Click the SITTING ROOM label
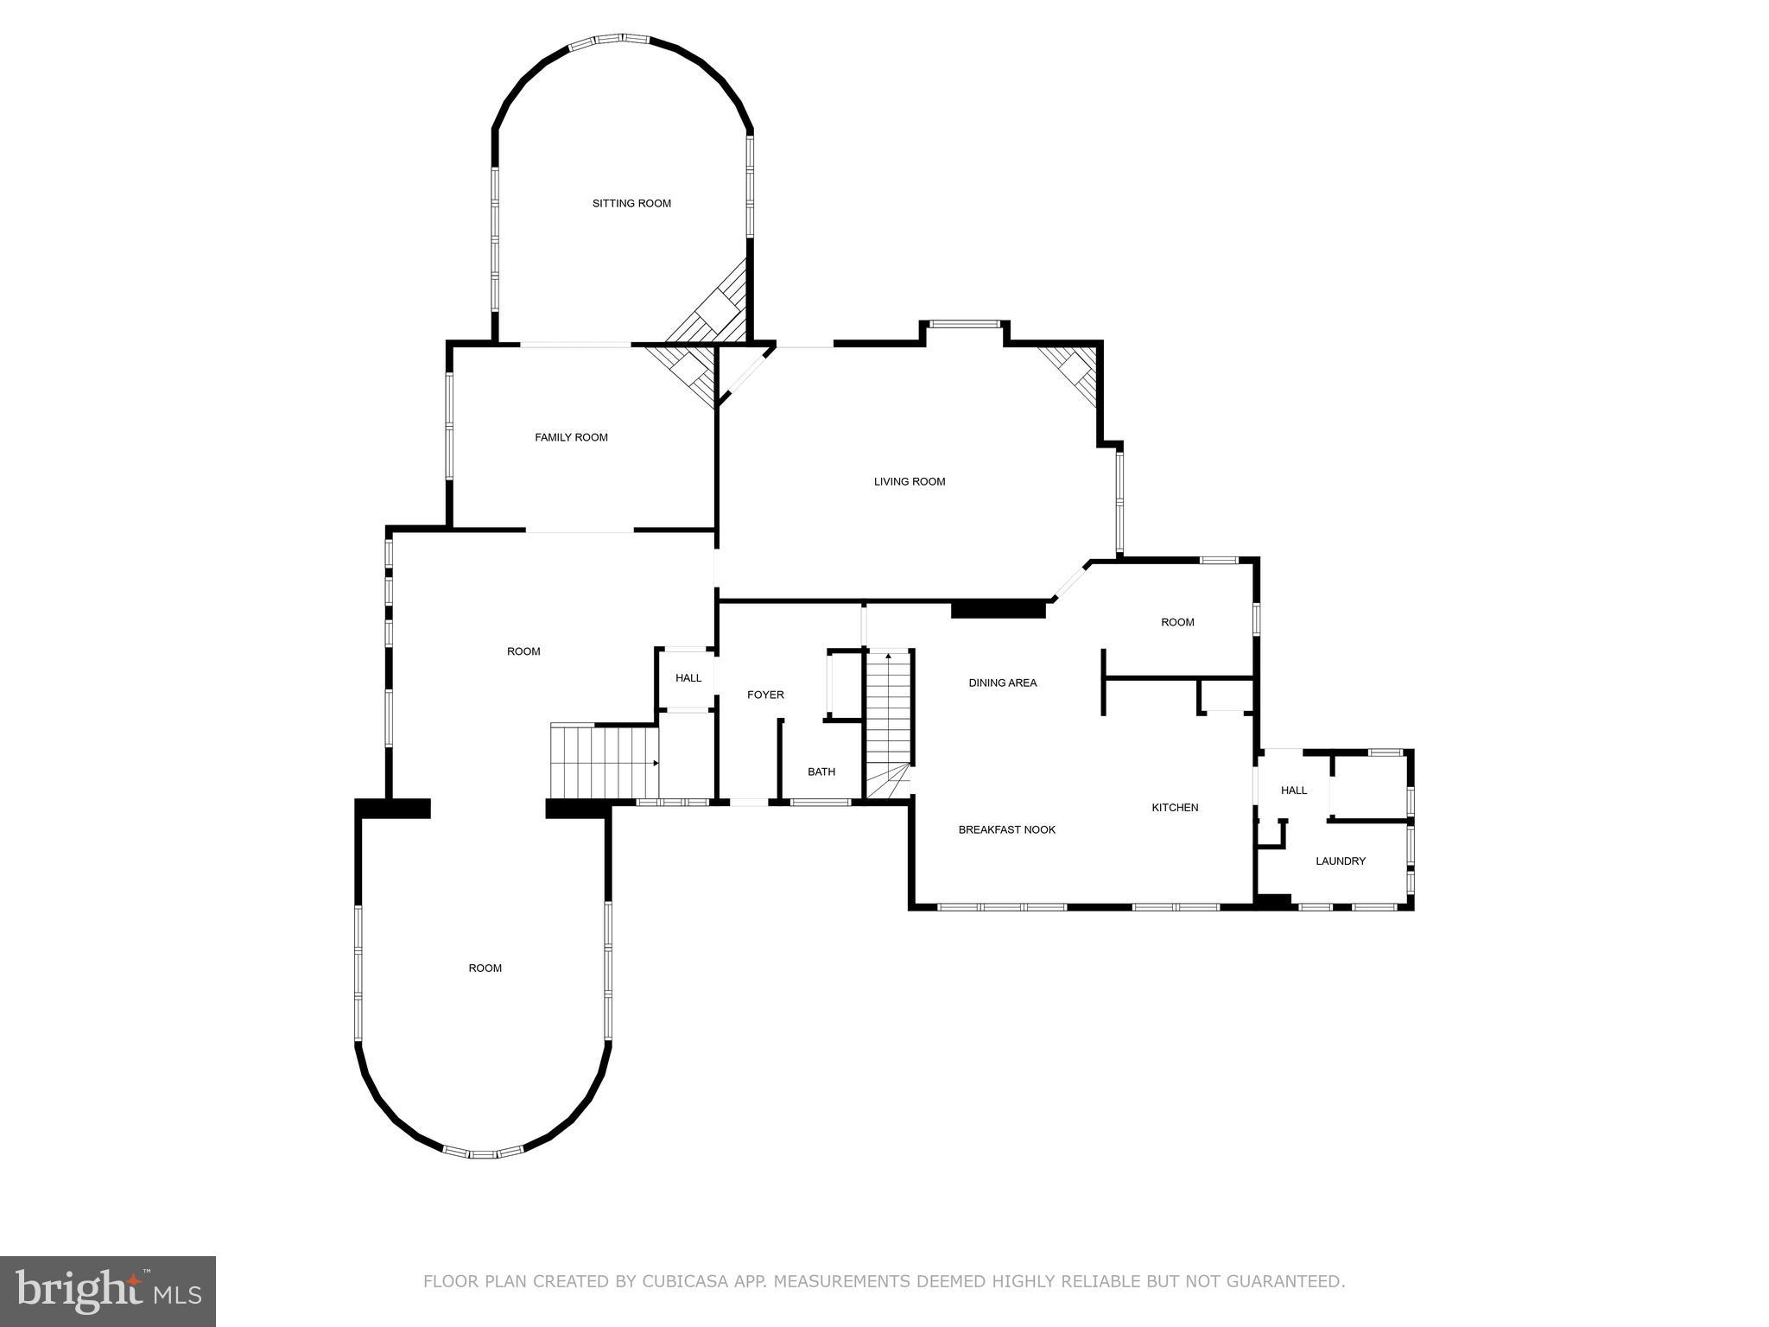(631, 204)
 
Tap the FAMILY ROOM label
(571, 438)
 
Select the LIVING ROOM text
(910, 482)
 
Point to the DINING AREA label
(1002, 683)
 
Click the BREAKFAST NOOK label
(1006, 830)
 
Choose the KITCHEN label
(1175, 808)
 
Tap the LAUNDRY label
(1340, 861)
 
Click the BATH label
(821, 772)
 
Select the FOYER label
(765, 695)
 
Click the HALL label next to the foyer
(688, 678)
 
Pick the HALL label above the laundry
(1293, 790)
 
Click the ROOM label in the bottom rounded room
(485, 968)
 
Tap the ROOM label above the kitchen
(1177, 623)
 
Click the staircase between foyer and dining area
(889, 717)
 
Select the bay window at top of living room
(964, 326)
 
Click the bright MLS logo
(108, 1291)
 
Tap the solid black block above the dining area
(998, 610)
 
